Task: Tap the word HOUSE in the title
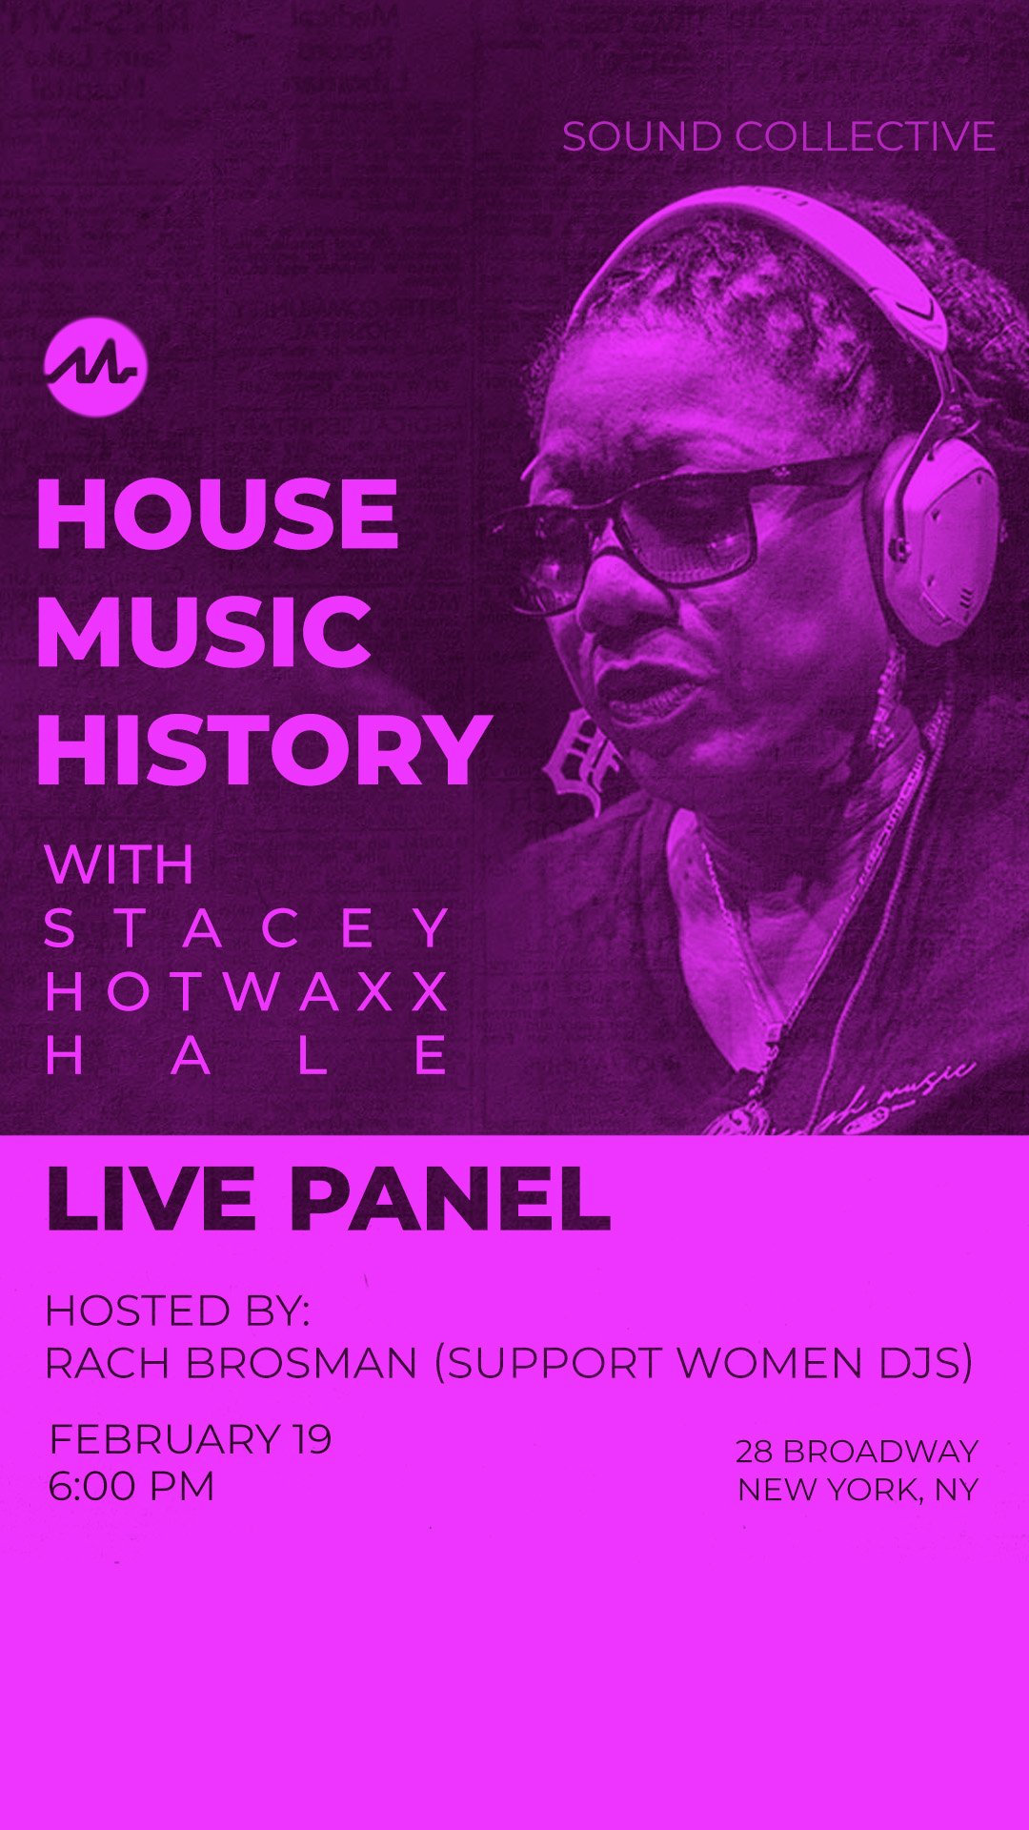click(218, 514)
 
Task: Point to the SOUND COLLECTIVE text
click(778, 137)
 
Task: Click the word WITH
click(119, 864)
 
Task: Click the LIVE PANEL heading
click(328, 1198)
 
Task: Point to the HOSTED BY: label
click(178, 1311)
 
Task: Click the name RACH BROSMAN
click(232, 1364)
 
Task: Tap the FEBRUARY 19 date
click(191, 1439)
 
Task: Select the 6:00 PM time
click(131, 1487)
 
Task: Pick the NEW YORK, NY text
click(858, 1490)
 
